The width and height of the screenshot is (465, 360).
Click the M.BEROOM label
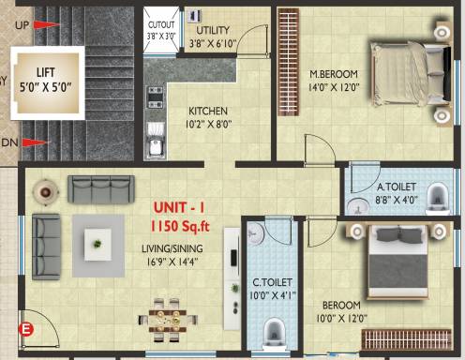[x=336, y=75]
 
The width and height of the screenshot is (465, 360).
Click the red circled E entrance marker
[x=27, y=328]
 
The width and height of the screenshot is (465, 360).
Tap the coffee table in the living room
[x=97, y=241]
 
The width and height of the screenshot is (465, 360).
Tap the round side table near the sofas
[x=44, y=191]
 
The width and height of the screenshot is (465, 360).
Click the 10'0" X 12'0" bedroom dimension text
[x=341, y=318]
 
